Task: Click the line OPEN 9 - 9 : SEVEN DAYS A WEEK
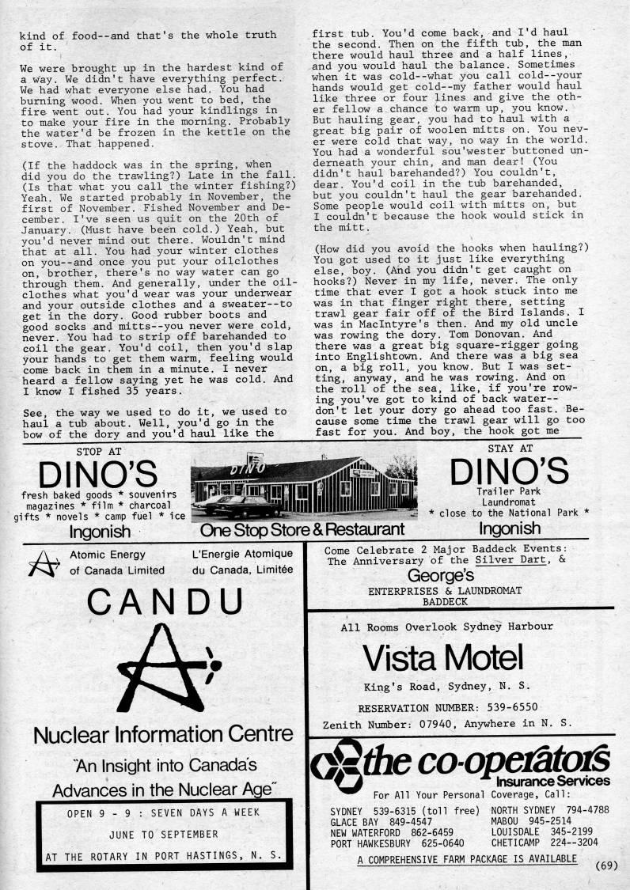(x=163, y=812)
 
